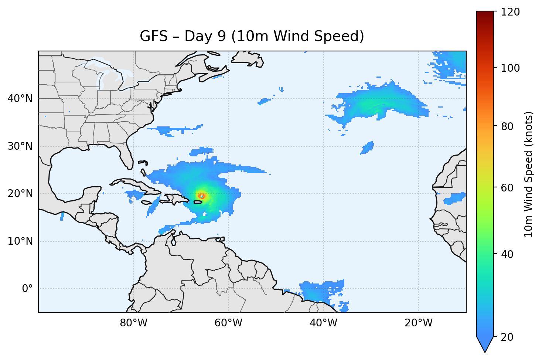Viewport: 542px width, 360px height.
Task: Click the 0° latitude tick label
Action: coord(27,289)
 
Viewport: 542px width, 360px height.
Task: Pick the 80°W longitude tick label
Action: coord(133,323)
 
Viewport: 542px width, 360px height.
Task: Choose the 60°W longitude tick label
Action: coord(228,323)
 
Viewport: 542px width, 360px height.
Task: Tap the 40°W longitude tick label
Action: coord(323,323)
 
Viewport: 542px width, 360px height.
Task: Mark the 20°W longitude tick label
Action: coord(419,323)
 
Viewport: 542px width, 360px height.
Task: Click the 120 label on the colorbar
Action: coord(510,12)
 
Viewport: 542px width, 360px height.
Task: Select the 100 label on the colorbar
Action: coord(510,68)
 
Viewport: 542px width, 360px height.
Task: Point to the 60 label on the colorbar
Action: coord(508,188)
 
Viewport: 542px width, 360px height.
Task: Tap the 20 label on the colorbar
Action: coord(508,337)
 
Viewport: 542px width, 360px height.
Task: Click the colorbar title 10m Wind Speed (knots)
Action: coord(529,174)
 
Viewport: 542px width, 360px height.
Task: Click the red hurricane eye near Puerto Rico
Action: coord(201,196)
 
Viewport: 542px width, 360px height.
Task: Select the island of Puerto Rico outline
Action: coord(198,202)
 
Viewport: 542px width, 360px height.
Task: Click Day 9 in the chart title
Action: coord(205,36)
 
